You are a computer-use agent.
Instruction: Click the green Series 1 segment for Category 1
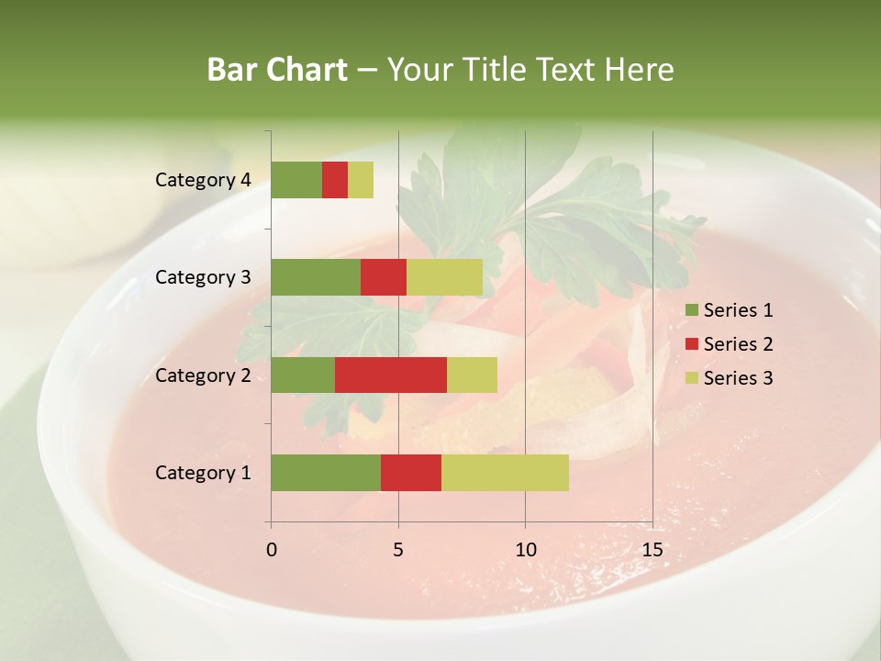[x=326, y=473]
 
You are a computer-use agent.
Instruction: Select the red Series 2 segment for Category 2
[x=391, y=375]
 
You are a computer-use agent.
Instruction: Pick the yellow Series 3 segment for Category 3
[x=444, y=277]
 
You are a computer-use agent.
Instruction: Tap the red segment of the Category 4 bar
[x=335, y=180]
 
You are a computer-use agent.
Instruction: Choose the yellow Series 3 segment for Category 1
[x=505, y=473]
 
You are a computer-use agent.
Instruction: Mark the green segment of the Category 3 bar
[x=316, y=277]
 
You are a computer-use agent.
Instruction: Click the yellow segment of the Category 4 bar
[x=361, y=180]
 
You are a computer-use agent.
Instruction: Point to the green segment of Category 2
[x=303, y=375]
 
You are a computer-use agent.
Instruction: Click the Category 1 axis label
[x=203, y=473]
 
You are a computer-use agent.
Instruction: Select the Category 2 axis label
[x=203, y=375]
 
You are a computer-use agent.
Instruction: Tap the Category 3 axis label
[x=203, y=277]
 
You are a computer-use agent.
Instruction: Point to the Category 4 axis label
[x=203, y=180]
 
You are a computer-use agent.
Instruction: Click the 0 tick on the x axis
[x=272, y=550]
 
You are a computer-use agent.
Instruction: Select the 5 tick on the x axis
[x=398, y=550]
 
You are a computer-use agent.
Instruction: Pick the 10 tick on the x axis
[x=525, y=550]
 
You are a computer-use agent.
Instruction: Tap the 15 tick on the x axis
[x=652, y=550]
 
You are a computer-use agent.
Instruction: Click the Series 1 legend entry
[x=729, y=310]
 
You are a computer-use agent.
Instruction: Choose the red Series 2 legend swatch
[x=691, y=344]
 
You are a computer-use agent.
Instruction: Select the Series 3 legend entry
[x=729, y=378]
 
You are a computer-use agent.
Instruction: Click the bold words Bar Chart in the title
[x=276, y=70]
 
